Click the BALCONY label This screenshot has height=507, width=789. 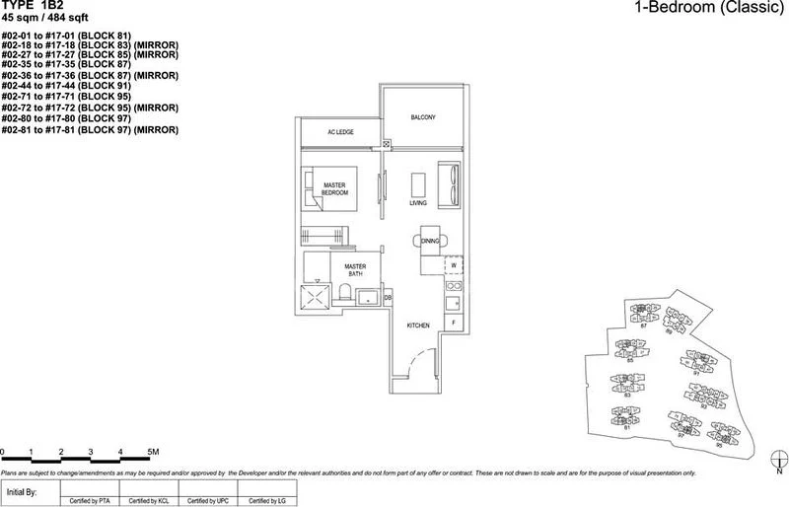[423, 117]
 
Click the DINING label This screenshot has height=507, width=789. [430, 241]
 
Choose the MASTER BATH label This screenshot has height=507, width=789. [355, 270]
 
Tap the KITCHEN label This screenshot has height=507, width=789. [418, 326]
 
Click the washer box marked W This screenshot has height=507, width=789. [454, 265]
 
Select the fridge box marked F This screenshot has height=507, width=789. [454, 322]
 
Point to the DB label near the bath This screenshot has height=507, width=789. [388, 297]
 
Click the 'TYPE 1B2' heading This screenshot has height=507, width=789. [33, 6]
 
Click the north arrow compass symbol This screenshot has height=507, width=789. [778, 461]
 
